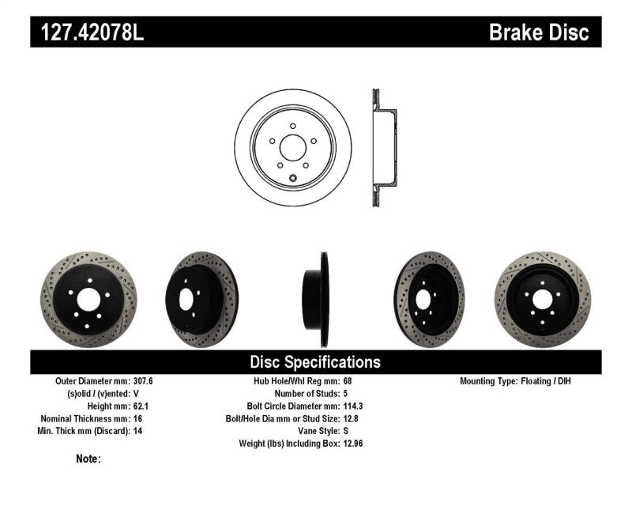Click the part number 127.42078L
pyautogui.click(x=88, y=32)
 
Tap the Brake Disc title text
pyautogui.click(x=539, y=32)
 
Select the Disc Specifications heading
pyautogui.click(x=315, y=362)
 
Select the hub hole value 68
pyautogui.click(x=348, y=381)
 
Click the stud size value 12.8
pyautogui.click(x=352, y=418)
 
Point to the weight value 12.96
pyautogui.click(x=354, y=444)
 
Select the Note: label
pyautogui.click(x=88, y=459)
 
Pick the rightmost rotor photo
pyautogui.click(x=543, y=300)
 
